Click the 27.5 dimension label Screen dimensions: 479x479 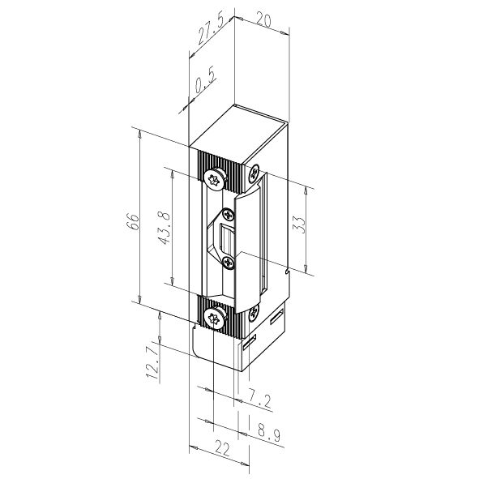(x=211, y=29)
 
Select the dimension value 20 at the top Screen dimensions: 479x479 (x=263, y=20)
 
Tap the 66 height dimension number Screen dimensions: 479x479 (x=133, y=222)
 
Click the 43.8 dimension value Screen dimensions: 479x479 (x=165, y=228)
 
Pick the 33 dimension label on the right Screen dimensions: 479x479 (x=299, y=225)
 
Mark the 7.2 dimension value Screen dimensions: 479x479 (x=259, y=400)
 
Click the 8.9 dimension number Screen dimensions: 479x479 (x=268, y=432)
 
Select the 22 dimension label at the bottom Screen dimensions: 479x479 (x=222, y=448)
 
